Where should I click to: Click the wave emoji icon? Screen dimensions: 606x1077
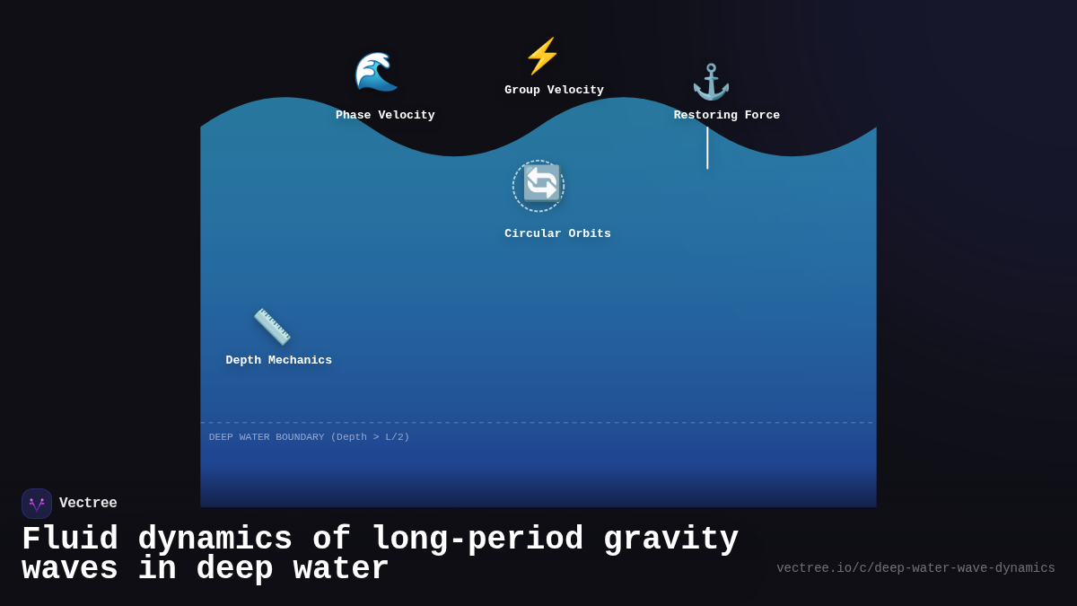(376, 72)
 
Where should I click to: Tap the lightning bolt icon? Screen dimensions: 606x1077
(542, 56)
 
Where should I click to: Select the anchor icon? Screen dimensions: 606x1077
(711, 82)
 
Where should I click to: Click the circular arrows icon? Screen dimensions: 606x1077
(541, 184)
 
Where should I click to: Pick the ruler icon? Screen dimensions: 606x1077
(272, 327)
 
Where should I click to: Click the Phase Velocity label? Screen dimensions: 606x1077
(385, 115)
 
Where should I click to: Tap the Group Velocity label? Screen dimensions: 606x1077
(554, 90)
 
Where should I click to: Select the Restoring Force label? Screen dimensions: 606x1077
(727, 115)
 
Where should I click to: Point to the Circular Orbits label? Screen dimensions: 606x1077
(557, 233)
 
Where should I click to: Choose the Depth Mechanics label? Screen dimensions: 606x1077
(278, 360)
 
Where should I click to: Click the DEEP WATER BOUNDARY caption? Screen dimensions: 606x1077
(309, 437)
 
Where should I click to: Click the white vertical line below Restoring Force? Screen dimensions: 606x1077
(707, 147)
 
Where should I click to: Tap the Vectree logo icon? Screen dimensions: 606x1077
(37, 504)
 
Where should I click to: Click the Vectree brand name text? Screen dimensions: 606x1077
(88, 504)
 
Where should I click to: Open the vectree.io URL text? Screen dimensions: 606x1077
(915, 568)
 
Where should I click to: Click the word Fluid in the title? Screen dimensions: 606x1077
(70, 540)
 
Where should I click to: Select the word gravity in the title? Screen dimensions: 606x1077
(670, 540)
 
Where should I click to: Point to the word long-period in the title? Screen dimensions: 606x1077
(477, 540)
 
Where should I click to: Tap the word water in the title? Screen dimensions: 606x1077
(341, 569)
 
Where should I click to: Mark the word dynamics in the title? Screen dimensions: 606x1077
(215, 540)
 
